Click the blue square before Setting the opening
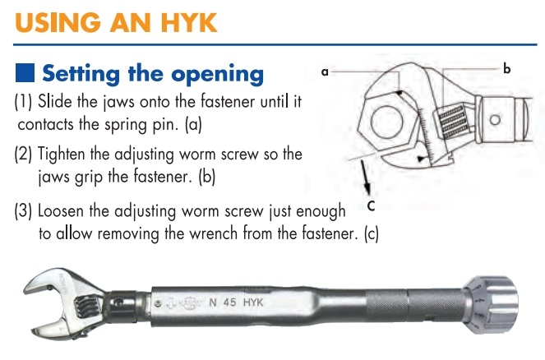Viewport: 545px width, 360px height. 25,74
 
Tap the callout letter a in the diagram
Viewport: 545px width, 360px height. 325,72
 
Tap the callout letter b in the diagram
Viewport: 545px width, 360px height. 506,70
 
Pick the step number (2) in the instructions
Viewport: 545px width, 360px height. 24,154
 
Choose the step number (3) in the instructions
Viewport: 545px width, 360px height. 24,210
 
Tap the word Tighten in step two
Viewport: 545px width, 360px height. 65,154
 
